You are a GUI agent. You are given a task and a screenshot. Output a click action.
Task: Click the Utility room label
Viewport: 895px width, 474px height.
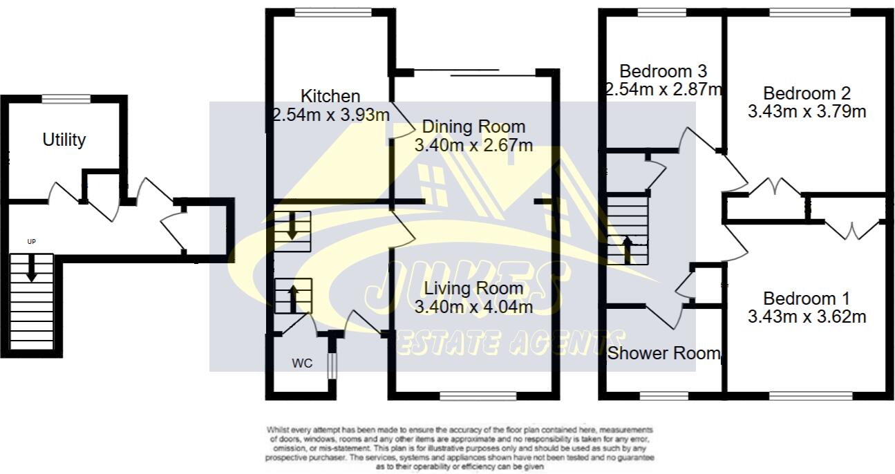[x=64, y=140]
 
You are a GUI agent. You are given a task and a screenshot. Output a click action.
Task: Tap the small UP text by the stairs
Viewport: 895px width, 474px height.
[x=31, y=242]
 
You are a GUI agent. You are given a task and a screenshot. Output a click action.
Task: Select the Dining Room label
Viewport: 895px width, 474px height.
[x=473, y=127]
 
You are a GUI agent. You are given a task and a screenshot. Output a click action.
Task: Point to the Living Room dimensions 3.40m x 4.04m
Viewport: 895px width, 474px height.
[x=473, y=306]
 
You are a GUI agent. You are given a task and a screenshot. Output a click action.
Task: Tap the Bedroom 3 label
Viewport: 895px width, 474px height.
[x=663, y=71]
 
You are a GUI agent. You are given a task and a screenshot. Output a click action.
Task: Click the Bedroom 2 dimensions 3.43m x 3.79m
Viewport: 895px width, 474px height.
[x=807, y=111]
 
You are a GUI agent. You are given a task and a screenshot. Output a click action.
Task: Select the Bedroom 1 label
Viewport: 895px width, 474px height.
[x=807, y=298]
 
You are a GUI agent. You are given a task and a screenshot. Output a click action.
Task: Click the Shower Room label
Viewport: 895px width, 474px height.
[x=663, y=353]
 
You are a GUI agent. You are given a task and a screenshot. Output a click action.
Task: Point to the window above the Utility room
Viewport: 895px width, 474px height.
[x=66, y=99]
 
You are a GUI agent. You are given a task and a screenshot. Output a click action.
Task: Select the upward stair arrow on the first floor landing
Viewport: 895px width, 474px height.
[x=628, y=249]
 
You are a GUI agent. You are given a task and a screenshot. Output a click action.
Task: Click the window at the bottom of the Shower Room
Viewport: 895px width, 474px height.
[x=661, y=396]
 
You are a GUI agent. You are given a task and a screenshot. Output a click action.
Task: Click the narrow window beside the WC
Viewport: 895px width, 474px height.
[x=331, y=366]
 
